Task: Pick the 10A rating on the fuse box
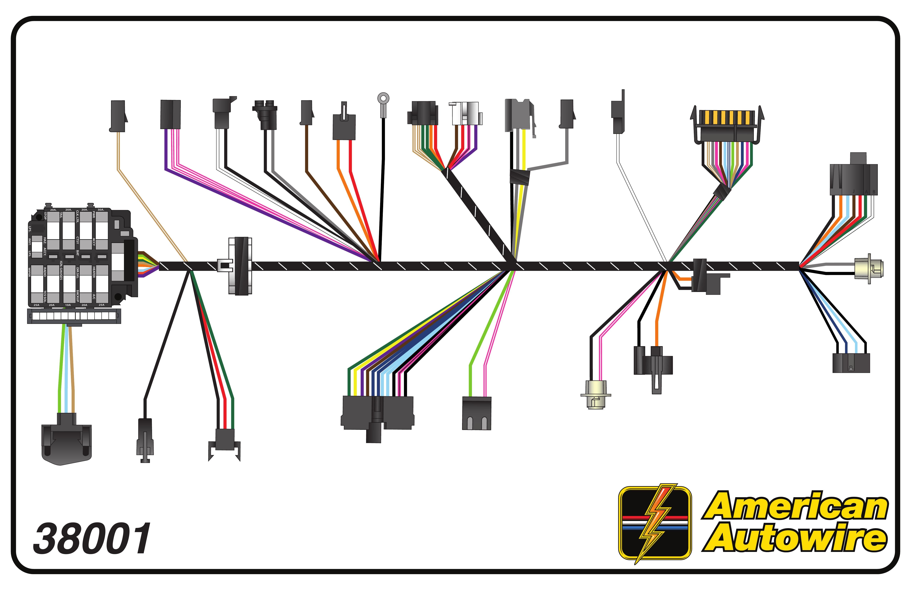tap(68, 305)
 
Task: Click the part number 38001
tap(92, 539)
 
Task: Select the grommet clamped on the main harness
tap(240, 266)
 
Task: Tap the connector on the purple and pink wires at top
tap(170, 114)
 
